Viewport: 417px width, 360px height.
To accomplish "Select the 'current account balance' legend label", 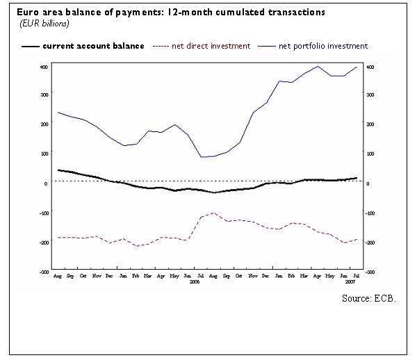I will click(93, 46).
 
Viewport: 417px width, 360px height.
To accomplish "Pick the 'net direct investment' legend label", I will click(211, 46).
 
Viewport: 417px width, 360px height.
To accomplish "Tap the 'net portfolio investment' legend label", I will click(322, 46).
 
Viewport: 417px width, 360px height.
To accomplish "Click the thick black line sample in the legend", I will click(30, 47).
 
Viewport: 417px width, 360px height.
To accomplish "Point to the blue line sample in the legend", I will click(266, 47).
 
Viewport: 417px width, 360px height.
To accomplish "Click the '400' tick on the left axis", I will click(44, 67).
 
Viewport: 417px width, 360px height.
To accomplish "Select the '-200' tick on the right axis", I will click(371, 243).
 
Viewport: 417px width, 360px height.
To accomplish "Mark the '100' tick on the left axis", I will click(44, 154).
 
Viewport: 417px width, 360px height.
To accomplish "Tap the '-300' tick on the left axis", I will click(43, 272).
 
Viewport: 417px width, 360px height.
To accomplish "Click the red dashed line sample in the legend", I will click(160, 47).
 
